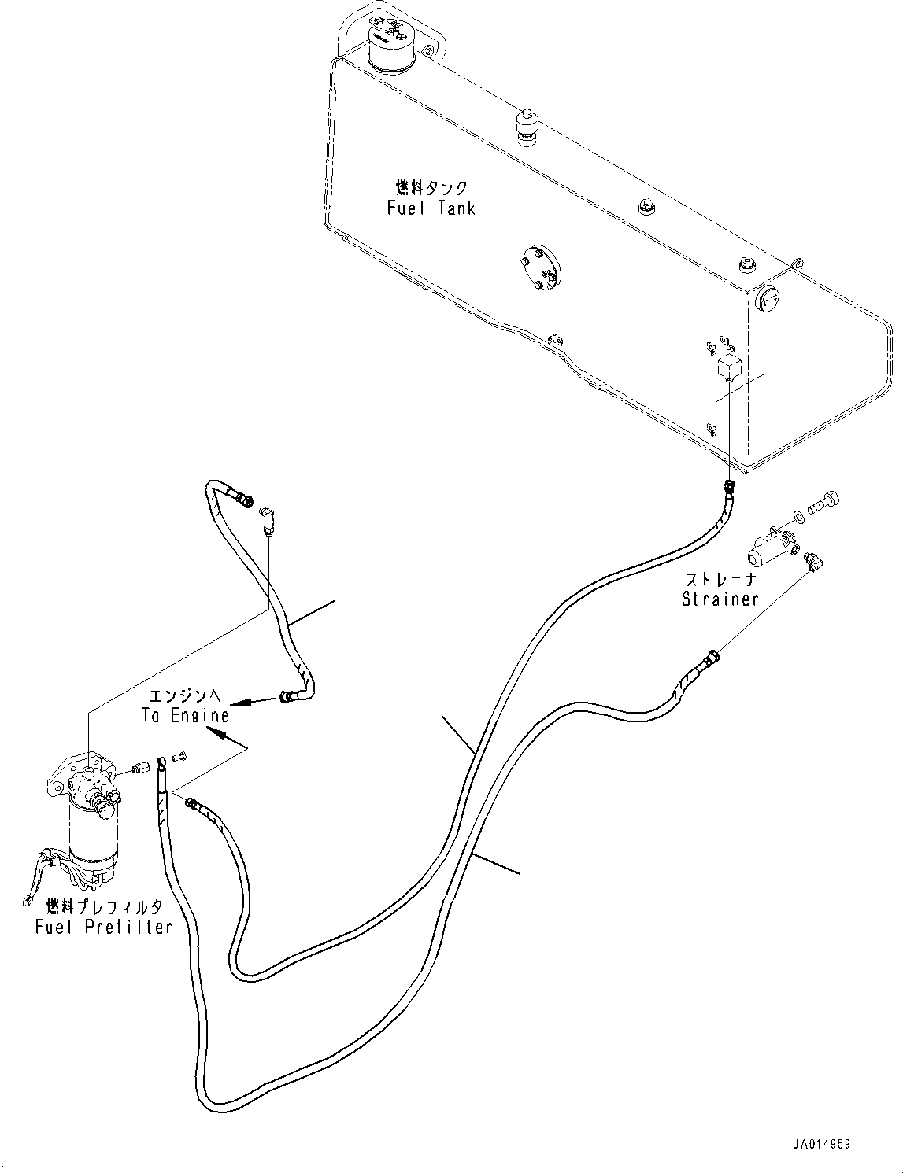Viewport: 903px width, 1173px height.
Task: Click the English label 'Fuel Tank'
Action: [x=431, y=208]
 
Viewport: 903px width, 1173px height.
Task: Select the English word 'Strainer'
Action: [x=720, y=599]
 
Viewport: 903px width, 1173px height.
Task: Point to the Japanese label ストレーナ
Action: [x=720, y=580]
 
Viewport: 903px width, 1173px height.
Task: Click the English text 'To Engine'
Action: [x=186, y=715]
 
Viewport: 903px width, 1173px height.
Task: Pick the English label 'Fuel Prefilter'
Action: [x=104, y=927]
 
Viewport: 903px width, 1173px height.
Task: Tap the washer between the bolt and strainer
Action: [x=799, y=516]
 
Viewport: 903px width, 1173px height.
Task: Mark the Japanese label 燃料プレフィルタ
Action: [x=104, y=906]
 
